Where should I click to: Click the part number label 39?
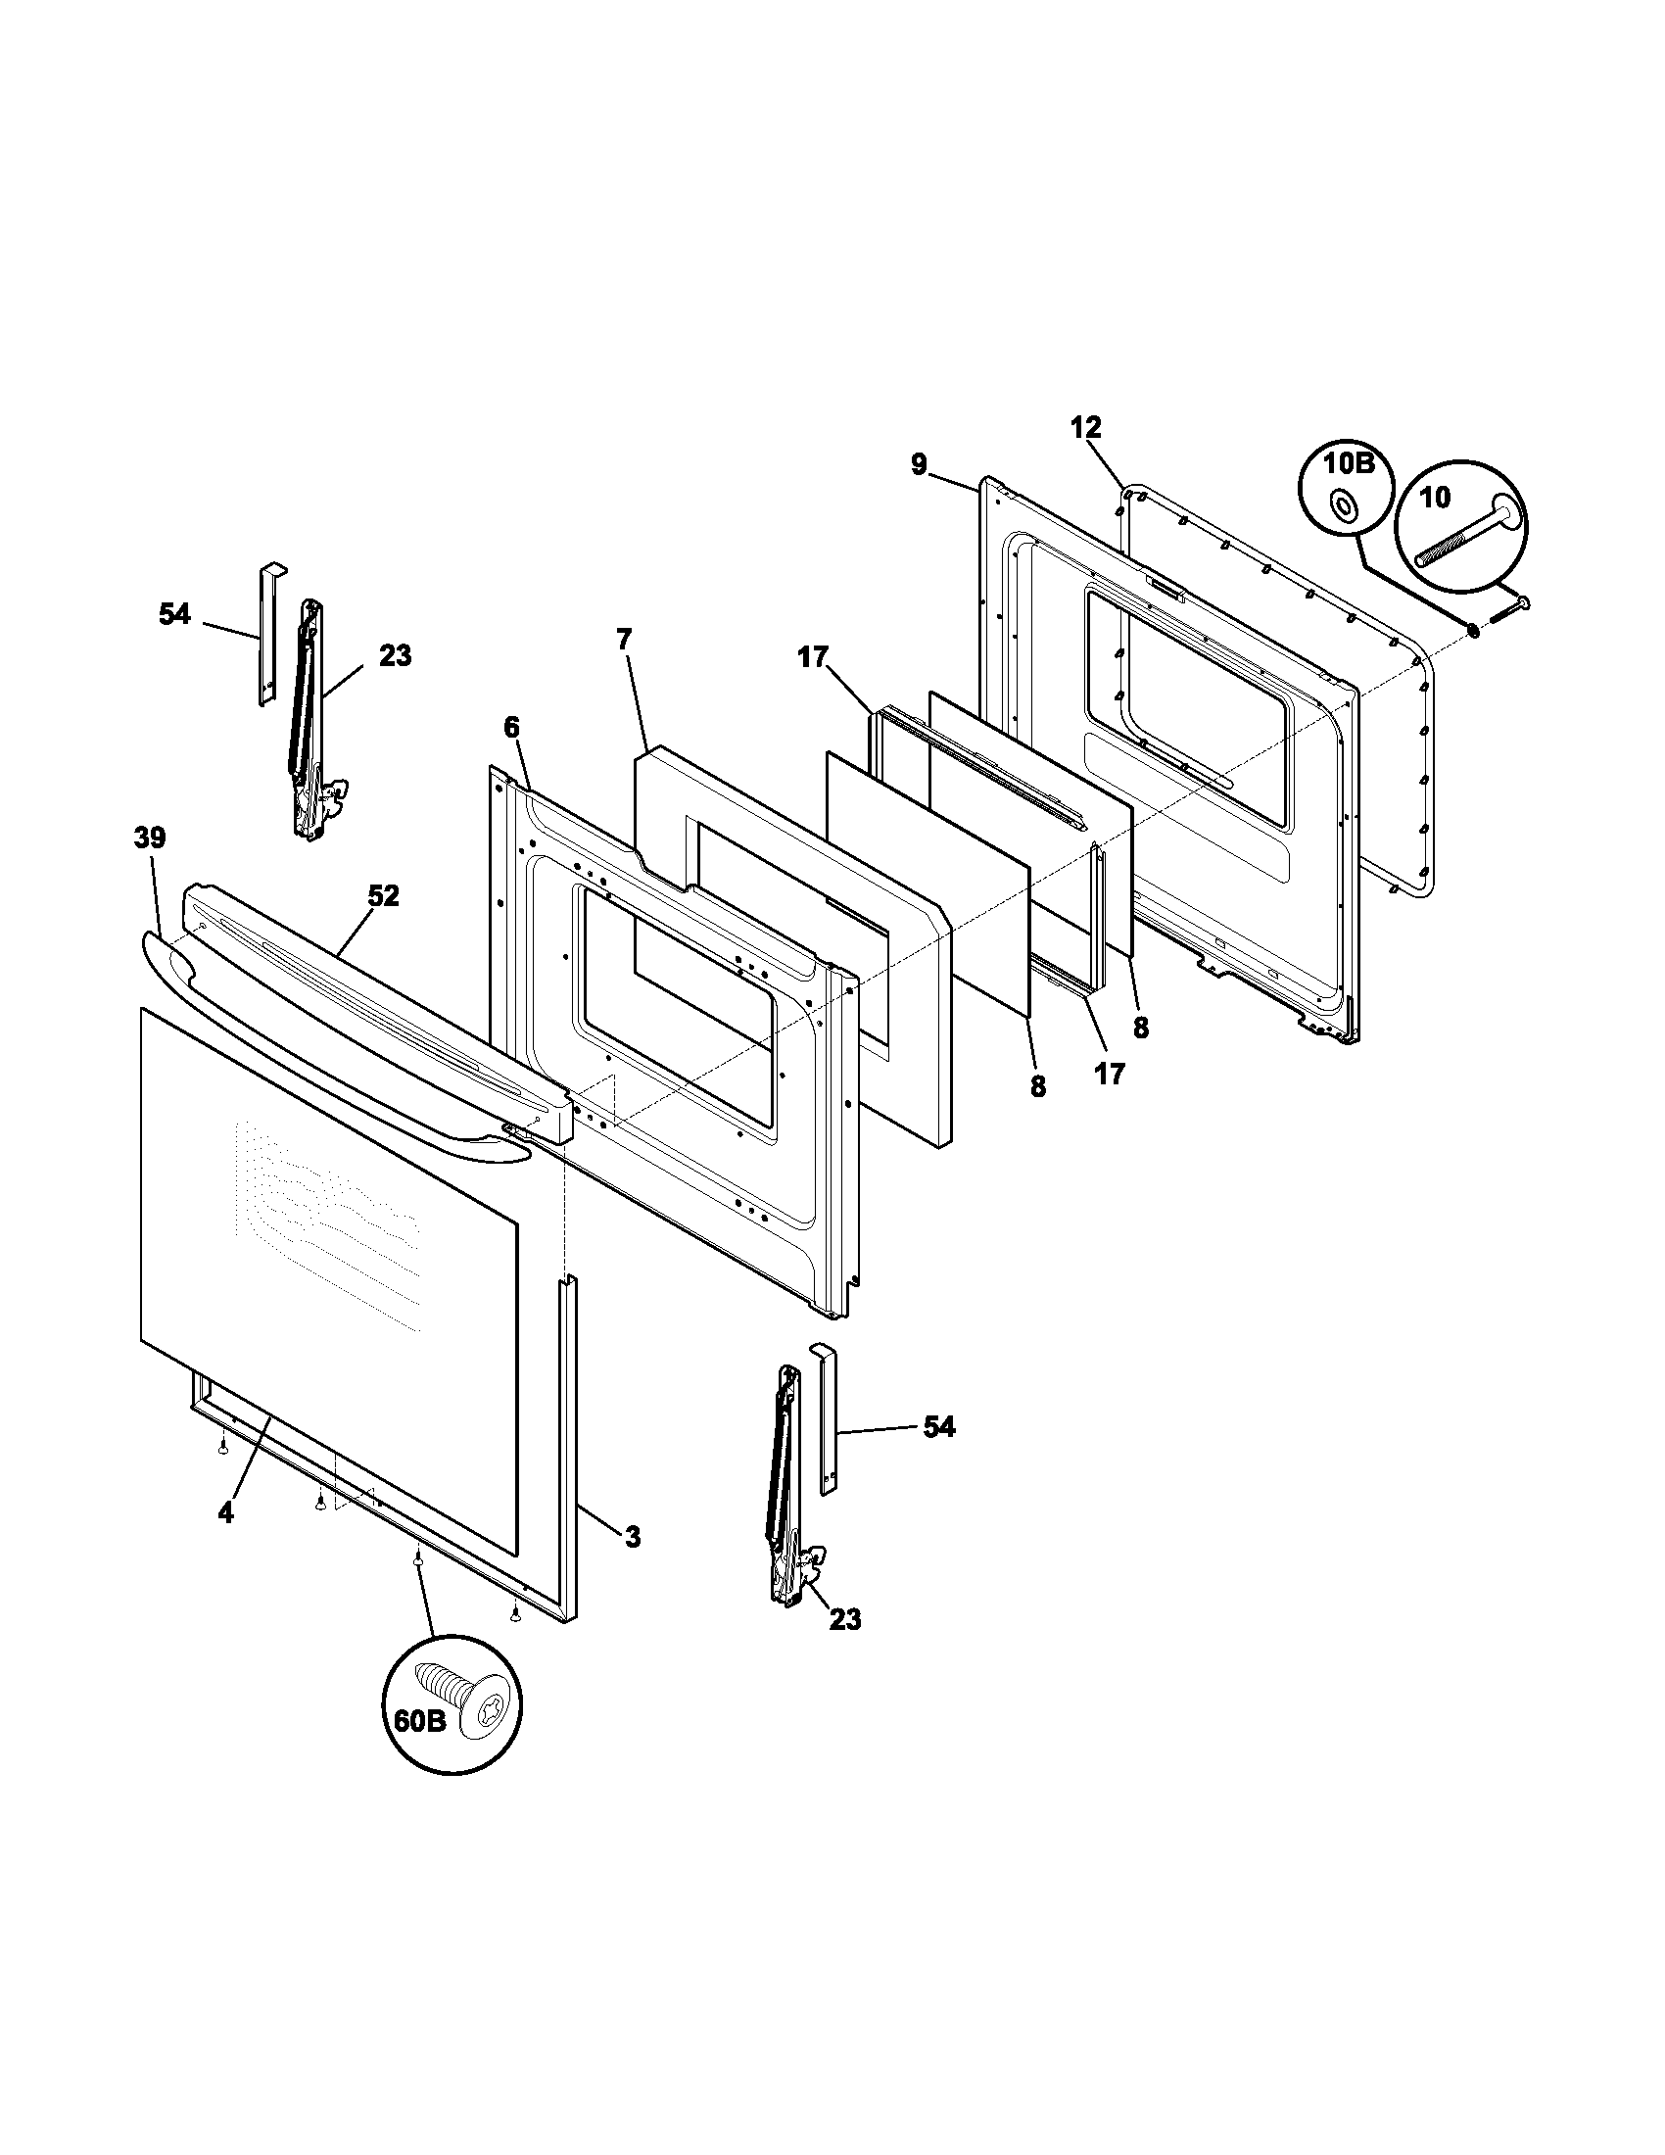point(150,838)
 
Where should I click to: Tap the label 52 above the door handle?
point(383,896)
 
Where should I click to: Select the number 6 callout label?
point(510,727)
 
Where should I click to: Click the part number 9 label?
point(919,463)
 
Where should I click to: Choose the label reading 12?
point(1085,427)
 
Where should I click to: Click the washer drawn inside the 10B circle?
point(1343,506)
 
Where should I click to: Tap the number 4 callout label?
point(226,1513)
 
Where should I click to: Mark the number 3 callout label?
point(633,1536)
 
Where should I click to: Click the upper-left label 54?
point(174,614)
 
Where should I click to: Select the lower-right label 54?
point(938,1427)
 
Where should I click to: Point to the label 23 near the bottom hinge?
point(845,1619)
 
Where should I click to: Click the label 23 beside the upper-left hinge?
point(395,655)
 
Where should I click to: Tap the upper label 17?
point(813,657)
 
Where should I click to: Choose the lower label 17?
point(1110,1074)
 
